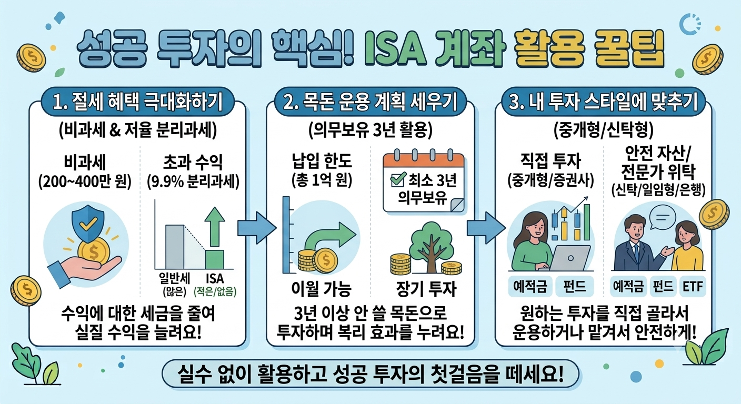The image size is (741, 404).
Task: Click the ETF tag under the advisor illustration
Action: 693,286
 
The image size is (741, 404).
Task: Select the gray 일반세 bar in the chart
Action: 175,247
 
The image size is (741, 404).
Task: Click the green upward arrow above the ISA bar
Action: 215,227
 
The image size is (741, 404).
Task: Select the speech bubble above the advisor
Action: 663,217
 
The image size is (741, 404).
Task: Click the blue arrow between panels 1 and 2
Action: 257,228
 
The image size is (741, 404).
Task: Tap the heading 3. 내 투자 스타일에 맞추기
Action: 603,102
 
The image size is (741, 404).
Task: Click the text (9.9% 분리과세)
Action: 193,181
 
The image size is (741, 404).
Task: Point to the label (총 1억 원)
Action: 322,180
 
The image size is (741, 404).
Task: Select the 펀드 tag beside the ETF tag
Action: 663,286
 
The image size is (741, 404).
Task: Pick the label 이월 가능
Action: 321,289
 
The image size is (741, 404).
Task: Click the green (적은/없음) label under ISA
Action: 215,291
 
